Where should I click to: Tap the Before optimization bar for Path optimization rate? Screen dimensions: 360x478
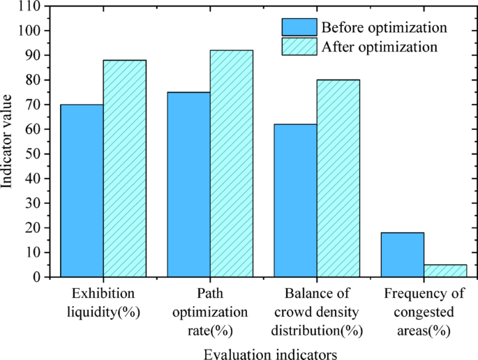point(189,184)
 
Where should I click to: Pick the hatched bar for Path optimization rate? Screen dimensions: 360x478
point(232,163)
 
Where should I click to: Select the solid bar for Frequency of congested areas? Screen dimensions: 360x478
point(403,255)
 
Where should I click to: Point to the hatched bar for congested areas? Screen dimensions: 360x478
point(445,271)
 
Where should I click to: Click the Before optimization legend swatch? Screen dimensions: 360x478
point(299,27)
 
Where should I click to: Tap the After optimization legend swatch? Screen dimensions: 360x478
point(299,47)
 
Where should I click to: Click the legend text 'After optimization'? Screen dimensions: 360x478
point(380,47)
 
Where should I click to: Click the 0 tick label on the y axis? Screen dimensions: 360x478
point(38,277)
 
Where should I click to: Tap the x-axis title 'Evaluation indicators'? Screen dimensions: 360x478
point(270,354)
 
